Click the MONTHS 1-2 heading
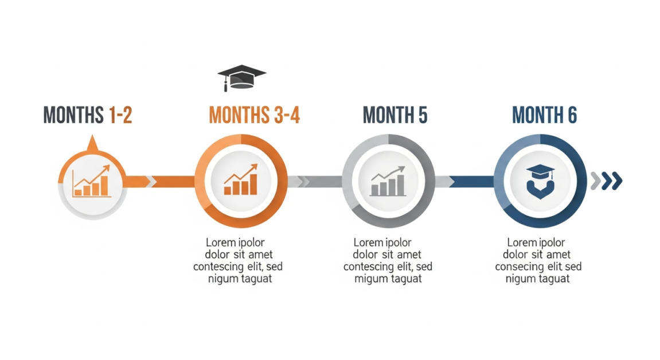click(88, 115)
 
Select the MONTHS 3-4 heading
click(254, 115)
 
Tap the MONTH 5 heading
click(395, 115)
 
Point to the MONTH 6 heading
click(544, 115)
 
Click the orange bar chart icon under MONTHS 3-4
click(241, 179)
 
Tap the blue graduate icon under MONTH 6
click(540, 181)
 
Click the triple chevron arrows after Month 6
click(607, 181)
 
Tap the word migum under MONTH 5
click(371, 279)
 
